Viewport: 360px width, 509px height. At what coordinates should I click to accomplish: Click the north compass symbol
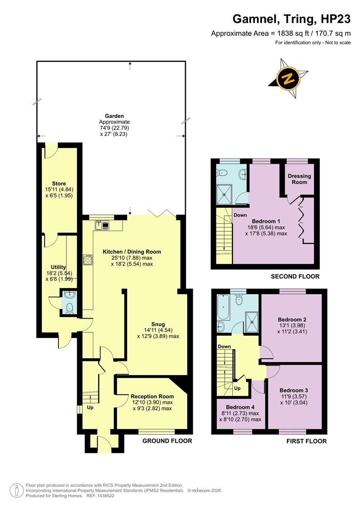point(288,78)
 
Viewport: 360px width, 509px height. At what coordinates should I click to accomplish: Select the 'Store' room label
point(59,183)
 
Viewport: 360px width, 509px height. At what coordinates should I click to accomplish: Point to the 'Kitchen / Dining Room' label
point(132,252)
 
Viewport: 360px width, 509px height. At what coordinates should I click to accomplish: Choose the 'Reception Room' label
point(152,396)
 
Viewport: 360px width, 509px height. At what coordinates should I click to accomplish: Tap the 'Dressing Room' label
point(299,179)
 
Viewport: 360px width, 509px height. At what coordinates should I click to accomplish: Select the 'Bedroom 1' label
point(266,221)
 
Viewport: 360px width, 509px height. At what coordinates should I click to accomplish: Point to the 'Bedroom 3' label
point(294,390)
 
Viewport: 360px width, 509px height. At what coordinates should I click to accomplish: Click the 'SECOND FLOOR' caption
point(295,277)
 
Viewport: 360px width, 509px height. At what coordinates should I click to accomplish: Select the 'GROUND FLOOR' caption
point(167,441)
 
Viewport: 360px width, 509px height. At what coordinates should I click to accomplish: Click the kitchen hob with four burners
point(87,260)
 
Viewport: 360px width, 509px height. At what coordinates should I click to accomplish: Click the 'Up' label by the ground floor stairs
point(90,407)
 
